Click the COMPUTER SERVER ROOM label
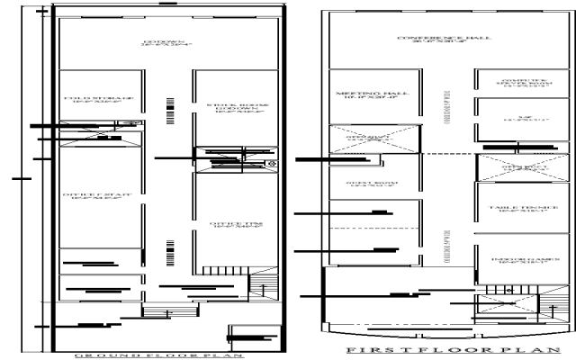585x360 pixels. click(517, 84)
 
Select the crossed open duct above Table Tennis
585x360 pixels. click(517, 167)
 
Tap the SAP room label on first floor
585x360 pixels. click(517, 117)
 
